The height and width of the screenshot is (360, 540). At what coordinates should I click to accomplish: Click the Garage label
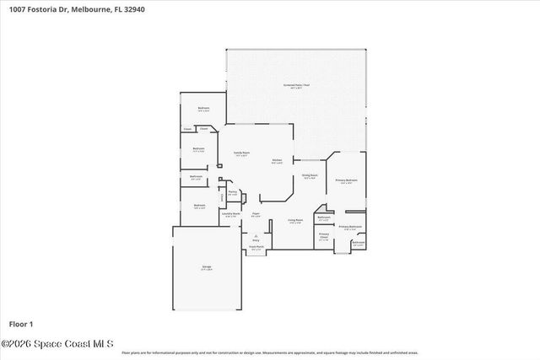pos(206,267)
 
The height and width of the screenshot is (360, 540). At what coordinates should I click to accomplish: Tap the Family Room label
pos(241,153)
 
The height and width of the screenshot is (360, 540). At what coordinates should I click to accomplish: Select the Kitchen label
pos(276,160)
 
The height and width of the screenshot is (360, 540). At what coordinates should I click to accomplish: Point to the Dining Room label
pos(309,175)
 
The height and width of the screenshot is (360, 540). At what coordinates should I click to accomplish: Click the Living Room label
pos(294,220)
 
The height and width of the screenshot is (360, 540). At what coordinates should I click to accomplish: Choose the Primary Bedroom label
pos(346,180)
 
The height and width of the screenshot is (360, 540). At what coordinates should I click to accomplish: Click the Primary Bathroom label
pos(350,226)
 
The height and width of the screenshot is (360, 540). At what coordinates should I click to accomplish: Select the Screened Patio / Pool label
pos(296,87)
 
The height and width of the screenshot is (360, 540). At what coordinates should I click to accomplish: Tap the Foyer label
pos(255,214)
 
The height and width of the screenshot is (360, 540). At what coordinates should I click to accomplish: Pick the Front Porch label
pos(256,247)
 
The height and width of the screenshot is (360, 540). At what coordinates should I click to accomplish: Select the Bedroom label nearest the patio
pos(203,108)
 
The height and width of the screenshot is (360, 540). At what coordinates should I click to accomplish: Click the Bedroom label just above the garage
pos(199,206)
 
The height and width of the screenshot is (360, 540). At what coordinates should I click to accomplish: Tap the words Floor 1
pos(20,324)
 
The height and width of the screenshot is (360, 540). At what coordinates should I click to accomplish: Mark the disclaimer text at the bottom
pos(269,352)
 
